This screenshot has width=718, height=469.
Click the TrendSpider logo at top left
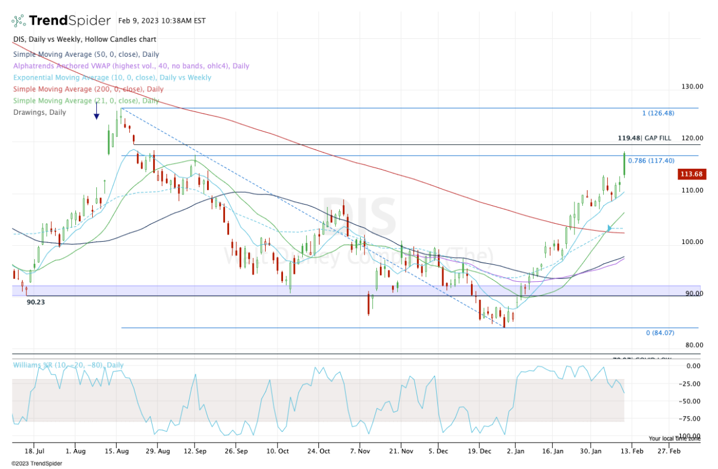[60, 21]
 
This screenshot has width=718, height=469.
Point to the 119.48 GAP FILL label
[644, 138]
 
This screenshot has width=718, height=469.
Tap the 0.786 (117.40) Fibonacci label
[651, 160]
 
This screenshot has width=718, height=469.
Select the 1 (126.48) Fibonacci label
[658, 113]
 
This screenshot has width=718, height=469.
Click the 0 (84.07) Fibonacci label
[660, 333]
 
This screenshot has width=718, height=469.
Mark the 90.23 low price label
[36, 302]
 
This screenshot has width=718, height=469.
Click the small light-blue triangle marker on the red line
[609, 228]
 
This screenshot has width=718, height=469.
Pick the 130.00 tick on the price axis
[692, 87]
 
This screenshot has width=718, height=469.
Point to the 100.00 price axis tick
[692, 242]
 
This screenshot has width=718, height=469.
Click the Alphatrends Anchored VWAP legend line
[131, 66]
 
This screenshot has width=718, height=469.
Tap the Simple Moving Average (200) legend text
[81, 89]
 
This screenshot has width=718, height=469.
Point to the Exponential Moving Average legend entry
[112, 78]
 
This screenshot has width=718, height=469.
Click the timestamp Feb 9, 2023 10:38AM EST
[162, 21]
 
